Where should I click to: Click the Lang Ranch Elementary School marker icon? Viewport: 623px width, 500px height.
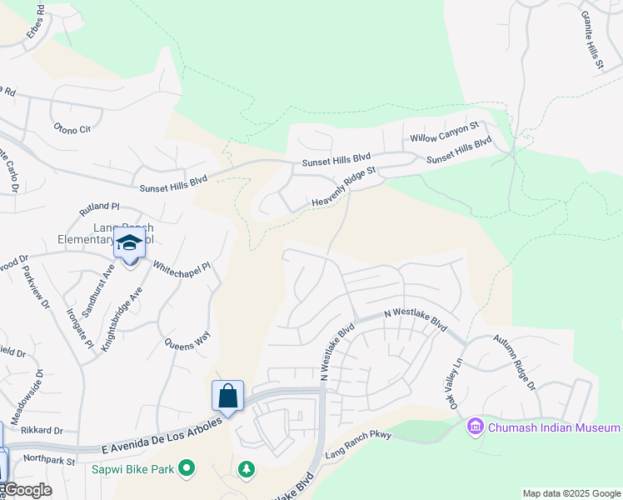point(129,244)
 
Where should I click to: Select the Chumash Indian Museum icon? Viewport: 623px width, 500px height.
point(476,427)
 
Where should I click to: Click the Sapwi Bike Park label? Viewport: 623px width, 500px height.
point(133,469)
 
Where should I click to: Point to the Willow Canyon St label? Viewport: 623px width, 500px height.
point(444,132)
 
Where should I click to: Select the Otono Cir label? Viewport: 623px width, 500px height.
point(72,129)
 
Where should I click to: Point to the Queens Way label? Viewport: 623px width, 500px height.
point(187,341)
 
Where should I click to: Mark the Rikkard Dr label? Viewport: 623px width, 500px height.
point(43,430)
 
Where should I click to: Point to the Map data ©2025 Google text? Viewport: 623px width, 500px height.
point(571,493)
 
